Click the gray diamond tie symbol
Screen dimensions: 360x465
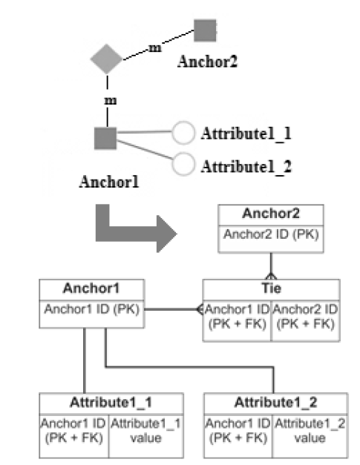pos(106,59)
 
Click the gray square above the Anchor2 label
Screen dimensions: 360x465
pos(205,30)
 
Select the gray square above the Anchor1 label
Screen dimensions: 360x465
pos(105,138)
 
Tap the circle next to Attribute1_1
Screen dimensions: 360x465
pos(183,133)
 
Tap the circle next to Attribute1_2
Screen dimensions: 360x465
pos(183,164)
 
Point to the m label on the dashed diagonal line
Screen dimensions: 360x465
pos(155,47)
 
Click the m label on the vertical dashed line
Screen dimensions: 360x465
pos(111,101)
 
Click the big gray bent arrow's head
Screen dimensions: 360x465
pos(167,234)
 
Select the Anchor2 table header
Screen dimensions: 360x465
pos(271,215)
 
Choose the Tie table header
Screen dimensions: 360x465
pos(271,290)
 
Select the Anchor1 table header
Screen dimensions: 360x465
pos(92,290)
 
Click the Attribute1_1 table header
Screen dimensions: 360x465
pos(111,404)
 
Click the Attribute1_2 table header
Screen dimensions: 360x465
pos(275,404)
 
